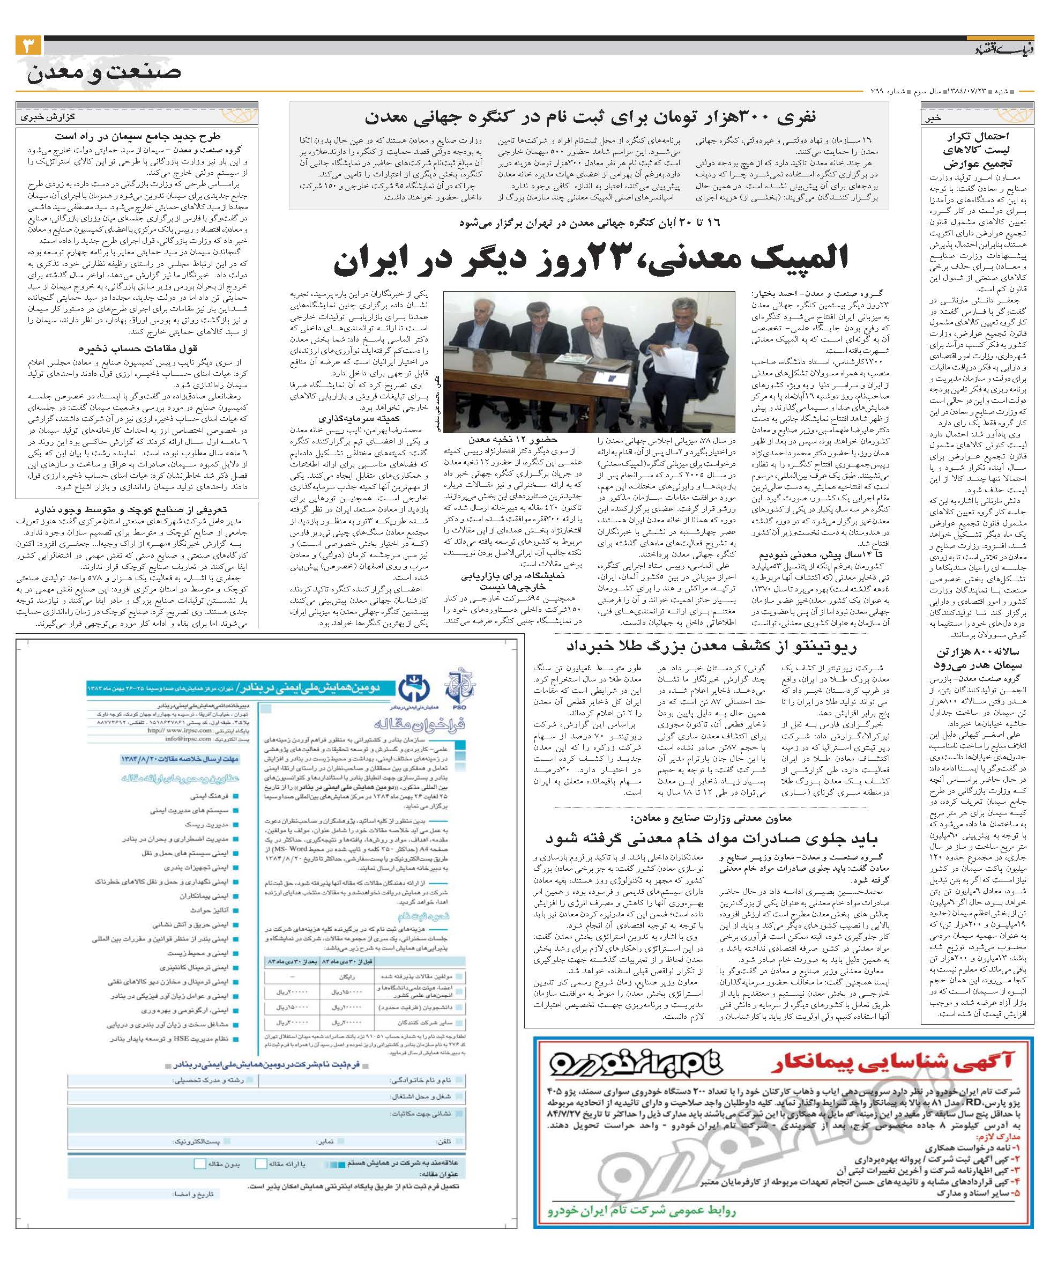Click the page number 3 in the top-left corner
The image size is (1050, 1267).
tap(28, 46)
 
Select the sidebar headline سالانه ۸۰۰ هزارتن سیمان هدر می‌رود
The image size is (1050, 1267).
tap(978, 658)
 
